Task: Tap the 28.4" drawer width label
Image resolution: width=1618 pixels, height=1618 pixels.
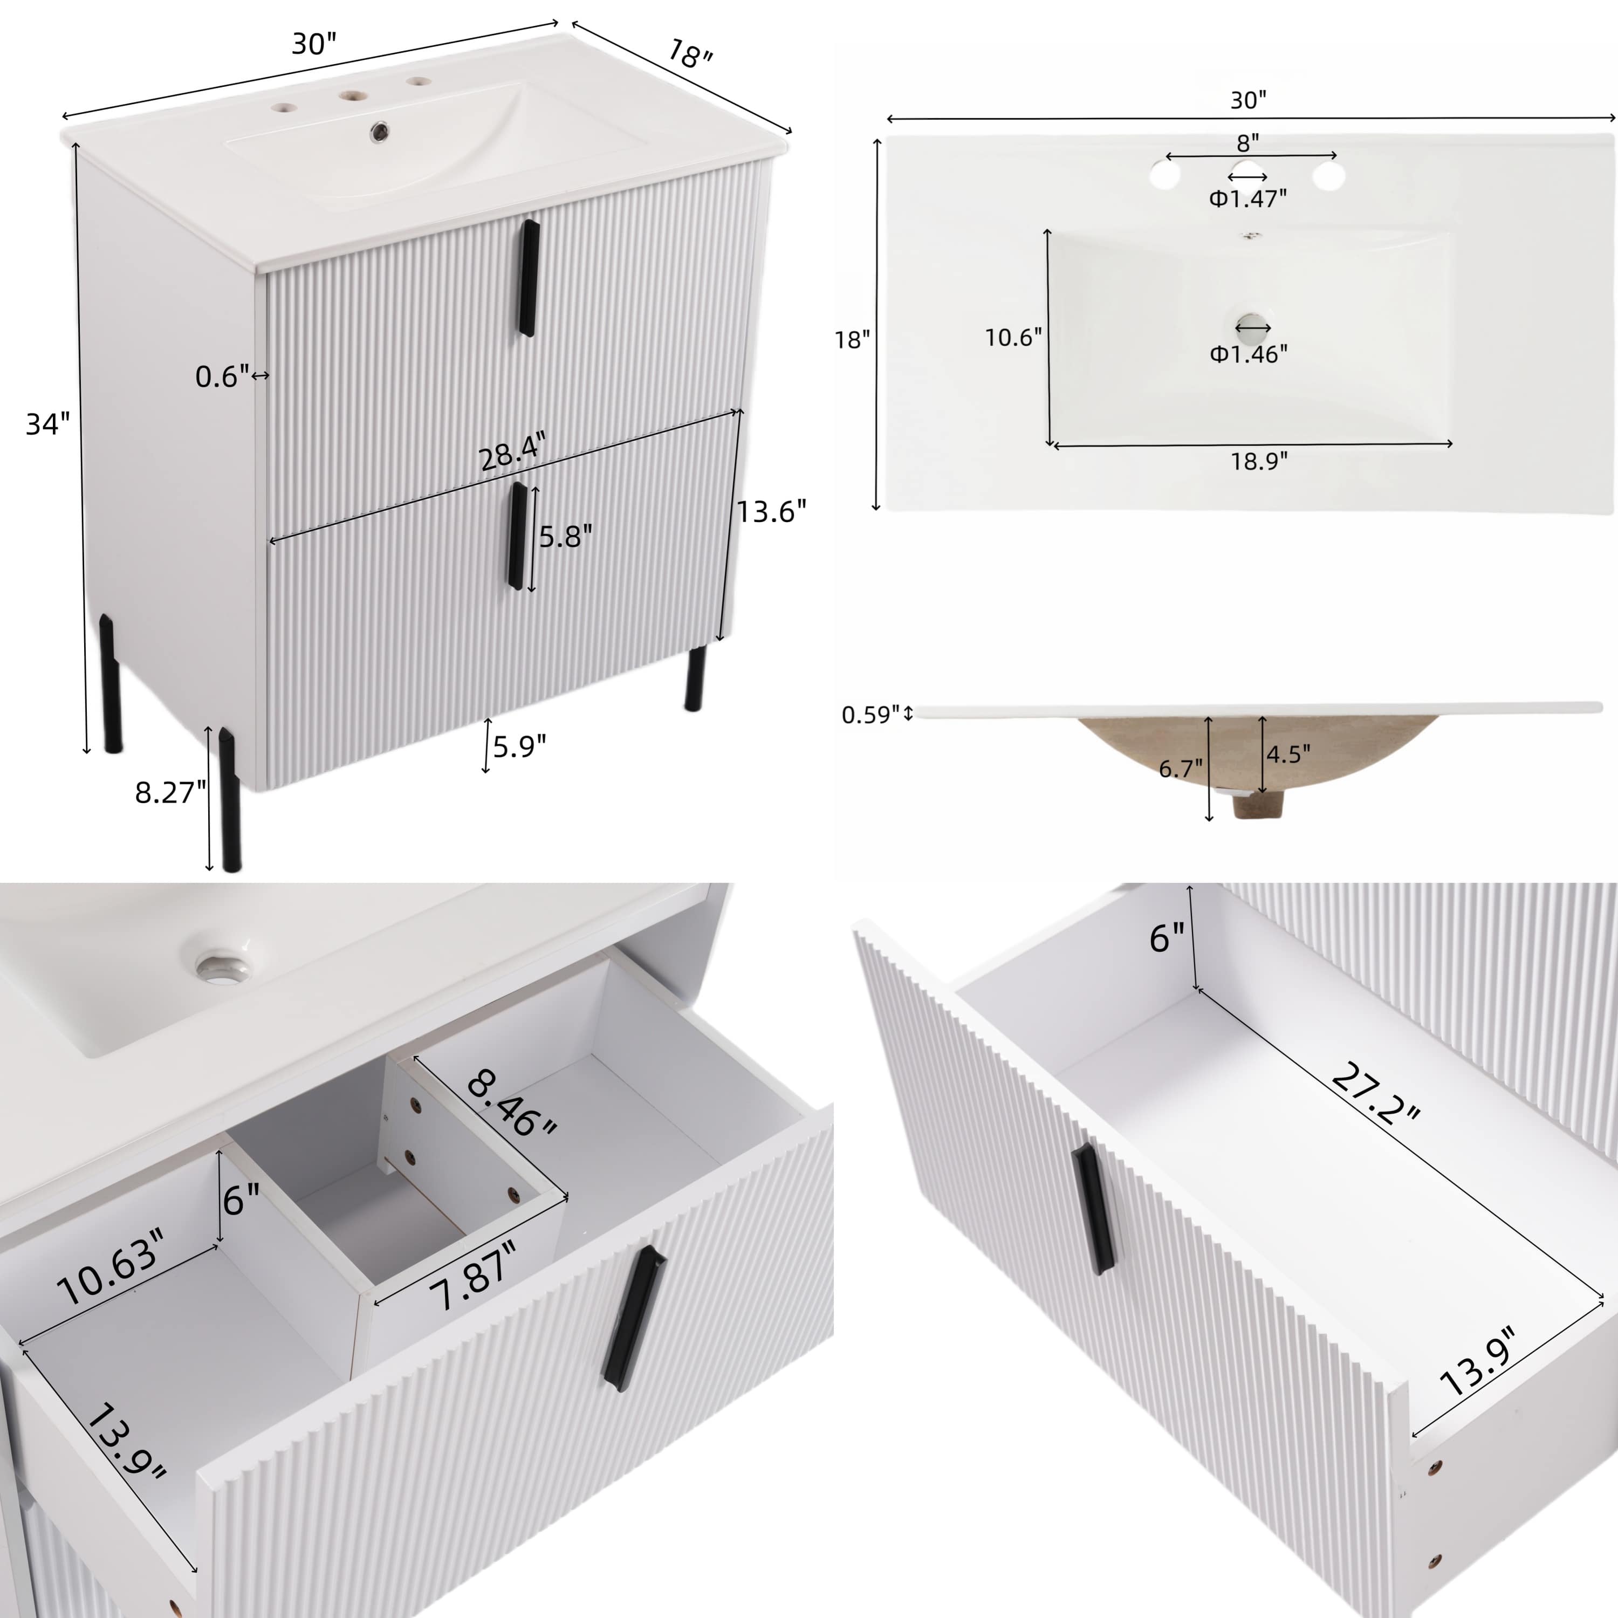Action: pos(512,453)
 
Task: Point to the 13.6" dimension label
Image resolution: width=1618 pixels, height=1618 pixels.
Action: pos(771,511)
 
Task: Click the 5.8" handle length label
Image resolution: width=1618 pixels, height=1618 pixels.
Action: pos(565,537)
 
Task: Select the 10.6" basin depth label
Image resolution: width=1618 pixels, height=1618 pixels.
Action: pos(1012,338)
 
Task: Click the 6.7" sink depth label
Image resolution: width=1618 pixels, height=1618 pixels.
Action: pos(1180,768)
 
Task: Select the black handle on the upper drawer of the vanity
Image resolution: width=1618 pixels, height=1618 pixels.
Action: pos(527,278)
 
